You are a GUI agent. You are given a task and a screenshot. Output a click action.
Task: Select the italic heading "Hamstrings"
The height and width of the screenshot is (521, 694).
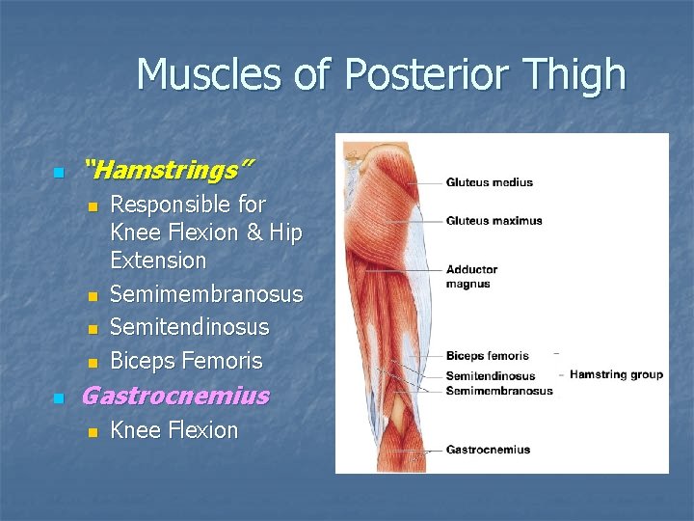(169, 171)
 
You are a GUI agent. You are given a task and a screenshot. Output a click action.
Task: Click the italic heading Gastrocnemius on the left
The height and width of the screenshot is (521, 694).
(175, 396)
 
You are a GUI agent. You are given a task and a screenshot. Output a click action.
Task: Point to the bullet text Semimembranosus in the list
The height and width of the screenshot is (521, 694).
(206, 294)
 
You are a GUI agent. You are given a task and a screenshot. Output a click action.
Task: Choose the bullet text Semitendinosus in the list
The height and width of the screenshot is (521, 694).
(190, 327)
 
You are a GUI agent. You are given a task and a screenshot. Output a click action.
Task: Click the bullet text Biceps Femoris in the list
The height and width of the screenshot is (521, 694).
(186, 361)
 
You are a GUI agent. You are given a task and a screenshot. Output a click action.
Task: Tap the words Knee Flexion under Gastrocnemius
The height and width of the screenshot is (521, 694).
(173, 430)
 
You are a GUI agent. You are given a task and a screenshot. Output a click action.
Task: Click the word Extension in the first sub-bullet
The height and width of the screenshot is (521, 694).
(158, 260)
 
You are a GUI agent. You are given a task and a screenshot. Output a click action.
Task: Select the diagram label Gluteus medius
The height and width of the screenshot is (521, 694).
(489, 182)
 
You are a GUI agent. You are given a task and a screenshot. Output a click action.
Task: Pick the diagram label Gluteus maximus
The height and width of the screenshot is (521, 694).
(494, 221)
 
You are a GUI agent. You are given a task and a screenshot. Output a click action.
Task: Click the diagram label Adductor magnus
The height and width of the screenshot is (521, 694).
(471, 277)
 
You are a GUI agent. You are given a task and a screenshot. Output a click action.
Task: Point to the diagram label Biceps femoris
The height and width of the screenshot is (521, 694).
(487, 356)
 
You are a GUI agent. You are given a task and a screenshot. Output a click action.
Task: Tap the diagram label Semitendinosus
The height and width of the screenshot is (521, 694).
(490, 376)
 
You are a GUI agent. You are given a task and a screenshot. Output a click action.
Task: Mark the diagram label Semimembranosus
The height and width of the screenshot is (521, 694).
(498, 391)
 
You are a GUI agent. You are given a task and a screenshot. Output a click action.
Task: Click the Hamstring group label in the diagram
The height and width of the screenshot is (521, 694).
(617, 374)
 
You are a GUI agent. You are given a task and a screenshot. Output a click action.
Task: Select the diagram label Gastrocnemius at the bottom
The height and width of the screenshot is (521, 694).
(488, 450)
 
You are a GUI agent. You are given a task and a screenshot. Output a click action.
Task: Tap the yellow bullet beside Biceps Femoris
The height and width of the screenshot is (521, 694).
(92, 364)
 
